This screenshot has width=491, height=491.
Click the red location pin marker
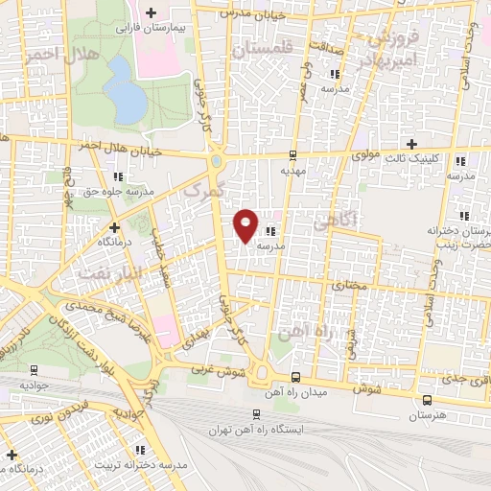(x=246, y=224)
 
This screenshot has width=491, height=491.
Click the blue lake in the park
(x=122, y=89)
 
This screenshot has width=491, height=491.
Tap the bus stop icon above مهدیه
(x=292, y=153)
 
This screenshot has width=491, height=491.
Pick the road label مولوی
(x=368, y=153)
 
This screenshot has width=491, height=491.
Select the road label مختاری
(x=350, y=286)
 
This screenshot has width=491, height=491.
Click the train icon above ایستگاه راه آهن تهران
(x=255, y=413)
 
